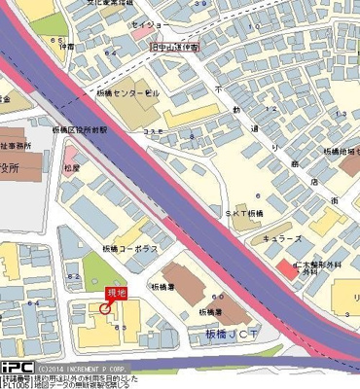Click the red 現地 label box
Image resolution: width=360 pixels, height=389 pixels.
click(x=116, y=293)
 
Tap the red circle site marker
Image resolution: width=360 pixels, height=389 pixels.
click(x=105, y=309)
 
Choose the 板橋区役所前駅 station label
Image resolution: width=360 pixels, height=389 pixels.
click(x=82, y=129)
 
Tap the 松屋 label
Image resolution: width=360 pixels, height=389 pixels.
click(x=72, y=167)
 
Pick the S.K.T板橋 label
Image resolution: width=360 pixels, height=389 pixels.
click(x=243, y=213)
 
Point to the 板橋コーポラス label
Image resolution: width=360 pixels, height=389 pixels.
click(x=133, y=248)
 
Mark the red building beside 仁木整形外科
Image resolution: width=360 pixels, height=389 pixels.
click(x=282, y=267)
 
